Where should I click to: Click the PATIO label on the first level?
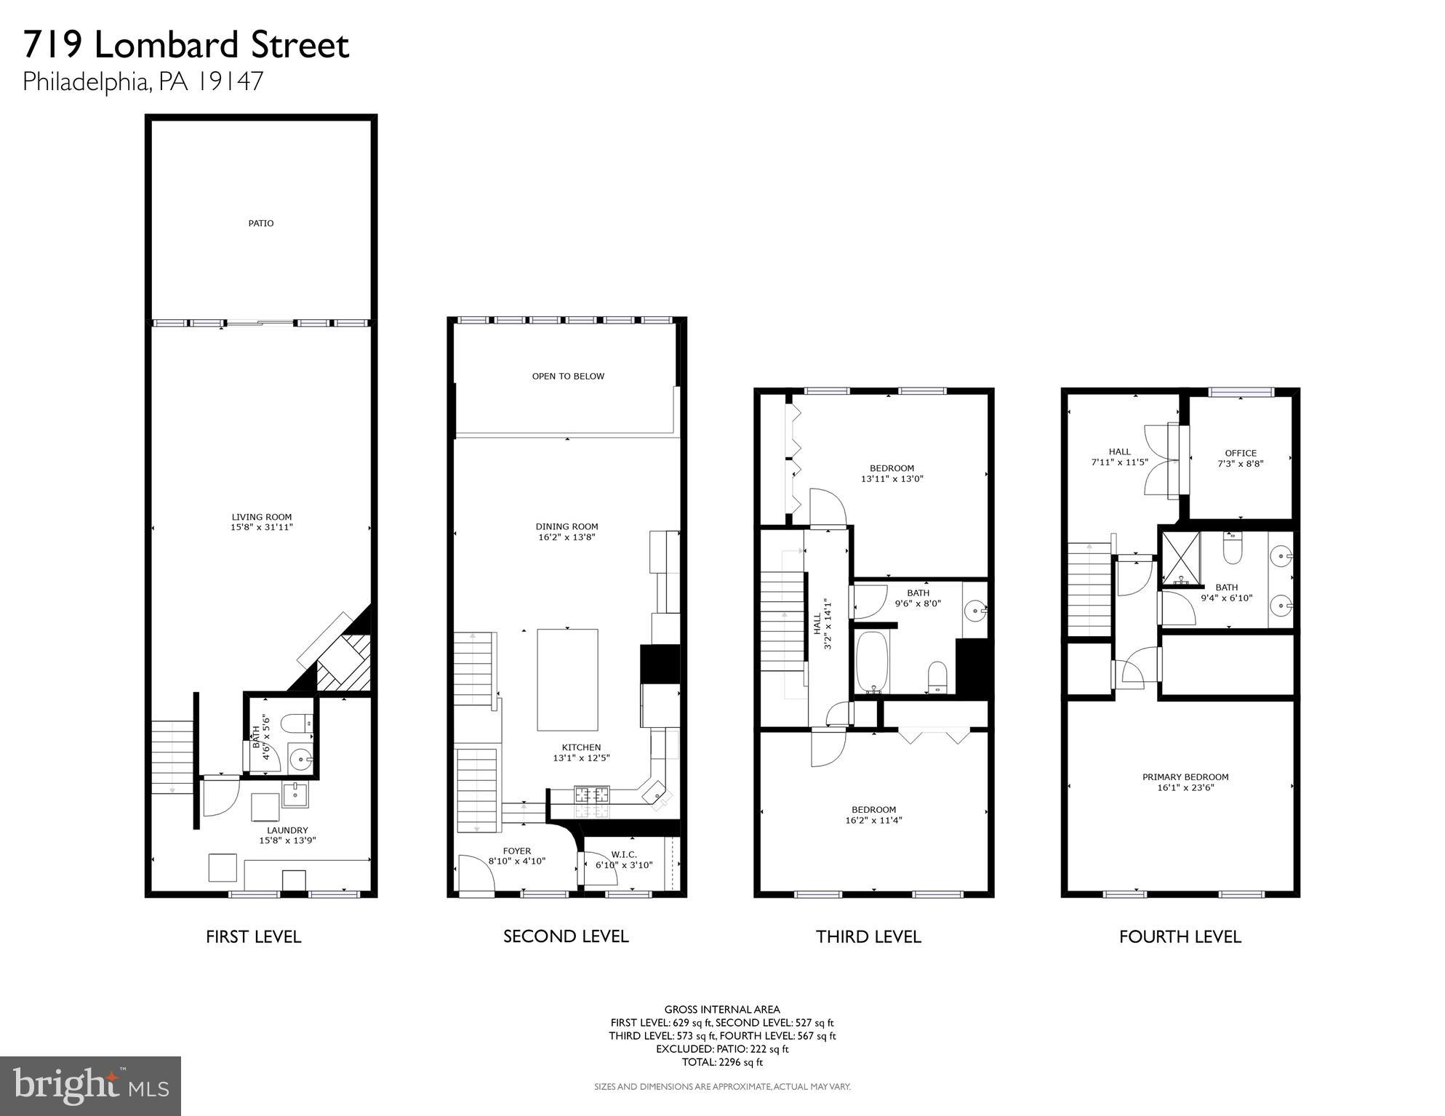[261, 223]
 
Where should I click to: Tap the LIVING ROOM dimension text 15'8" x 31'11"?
[262, 527]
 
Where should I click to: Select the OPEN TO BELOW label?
[568, 376]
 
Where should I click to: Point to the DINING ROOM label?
[567, 526]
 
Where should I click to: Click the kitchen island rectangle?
[567, 679]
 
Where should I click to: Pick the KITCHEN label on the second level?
[581, 747]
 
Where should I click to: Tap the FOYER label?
[517, 851]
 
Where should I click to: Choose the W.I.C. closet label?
[624, 854]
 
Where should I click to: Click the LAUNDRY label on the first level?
[287, 830]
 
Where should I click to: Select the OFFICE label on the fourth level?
[1241, 453]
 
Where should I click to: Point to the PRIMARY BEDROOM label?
[1185, 776]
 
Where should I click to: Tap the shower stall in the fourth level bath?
[1180, 558]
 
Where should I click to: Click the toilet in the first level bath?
[297, 723]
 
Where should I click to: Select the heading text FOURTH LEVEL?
[1180, 936]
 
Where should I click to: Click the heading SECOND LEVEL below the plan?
[566, 936]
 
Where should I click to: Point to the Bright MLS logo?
[90, 1085]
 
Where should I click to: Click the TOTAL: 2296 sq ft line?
[722, 1062]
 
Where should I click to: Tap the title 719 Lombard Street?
[186, 45]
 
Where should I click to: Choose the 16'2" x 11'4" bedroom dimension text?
[873, 820]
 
